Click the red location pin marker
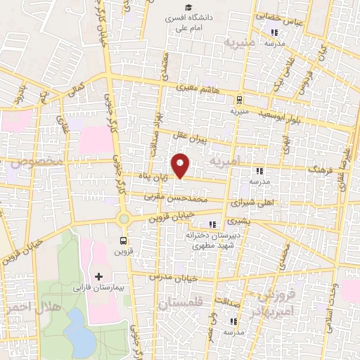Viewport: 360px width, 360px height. [x=181, y=165]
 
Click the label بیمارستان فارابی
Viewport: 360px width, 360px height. [x=99, y=288]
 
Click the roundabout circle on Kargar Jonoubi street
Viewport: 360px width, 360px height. [x=124, y=219]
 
